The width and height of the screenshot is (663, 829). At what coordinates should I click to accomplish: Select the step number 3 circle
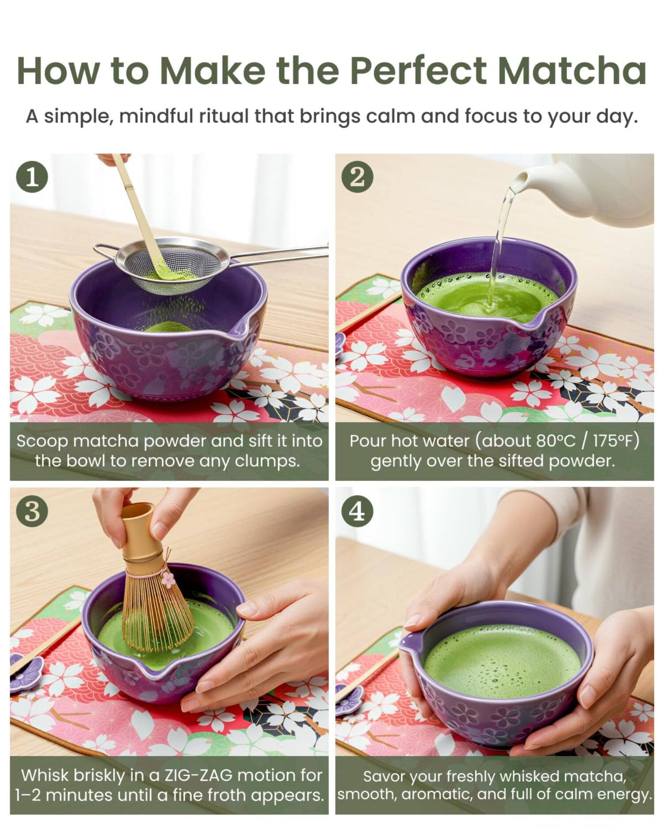tap(32, 511)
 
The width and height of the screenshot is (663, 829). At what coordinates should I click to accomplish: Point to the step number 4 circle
tap(358, 511)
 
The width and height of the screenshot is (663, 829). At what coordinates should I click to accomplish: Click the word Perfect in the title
tap(418, 71)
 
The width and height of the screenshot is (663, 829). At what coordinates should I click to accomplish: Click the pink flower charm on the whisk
tap(168, 579)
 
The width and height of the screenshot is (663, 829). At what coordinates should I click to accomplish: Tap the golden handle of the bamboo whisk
tap(138, 531)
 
